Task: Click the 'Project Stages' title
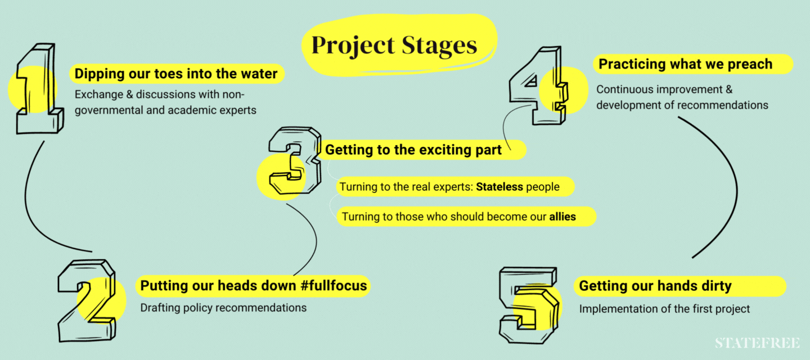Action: click(394, 46)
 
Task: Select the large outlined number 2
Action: click(87, 301)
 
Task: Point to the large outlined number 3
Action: click(295, 161)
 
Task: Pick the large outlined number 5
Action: click(529, 305)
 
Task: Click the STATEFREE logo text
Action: click(757, 343)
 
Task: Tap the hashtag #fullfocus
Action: click(334, 286)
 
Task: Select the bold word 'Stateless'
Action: click(499, 187)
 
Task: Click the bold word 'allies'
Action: click(562, 217)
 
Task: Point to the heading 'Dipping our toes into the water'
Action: click(175, 74)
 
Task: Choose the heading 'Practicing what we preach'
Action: click(685, 64)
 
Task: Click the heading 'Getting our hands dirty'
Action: click(655, 286)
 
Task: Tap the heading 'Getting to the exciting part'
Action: click(413, 150)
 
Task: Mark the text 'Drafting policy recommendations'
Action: click(223, 308)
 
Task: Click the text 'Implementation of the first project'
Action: click(665, 309)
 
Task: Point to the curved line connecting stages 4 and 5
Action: click(736, 188)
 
